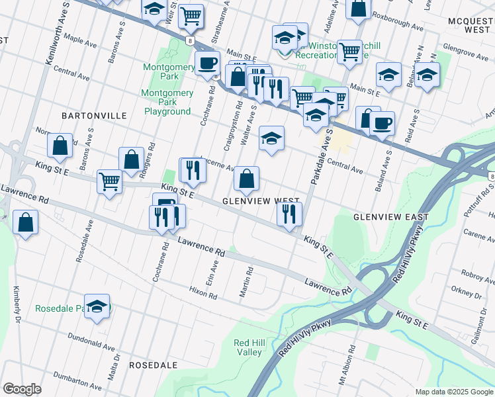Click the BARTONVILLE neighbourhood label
93,115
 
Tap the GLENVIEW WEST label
261,200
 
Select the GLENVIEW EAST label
391,217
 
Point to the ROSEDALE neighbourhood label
153,365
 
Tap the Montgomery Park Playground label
167,103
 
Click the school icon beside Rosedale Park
97,306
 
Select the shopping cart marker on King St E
109,181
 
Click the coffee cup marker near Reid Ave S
381,123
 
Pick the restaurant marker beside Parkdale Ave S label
289,214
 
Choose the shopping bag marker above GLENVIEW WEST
246,178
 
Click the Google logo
22,389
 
